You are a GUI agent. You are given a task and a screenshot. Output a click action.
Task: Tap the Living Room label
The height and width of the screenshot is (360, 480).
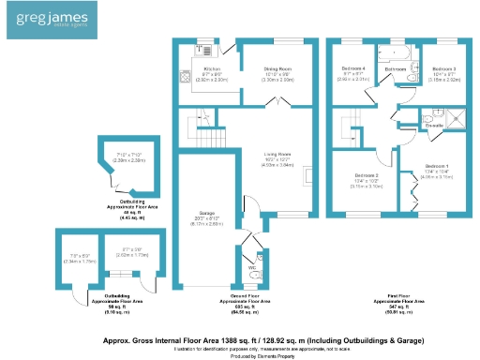(277, 155)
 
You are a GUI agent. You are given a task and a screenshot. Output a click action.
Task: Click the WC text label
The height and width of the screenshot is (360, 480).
(250, 268)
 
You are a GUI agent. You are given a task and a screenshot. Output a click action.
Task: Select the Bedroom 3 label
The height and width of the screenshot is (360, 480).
(442, 69)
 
